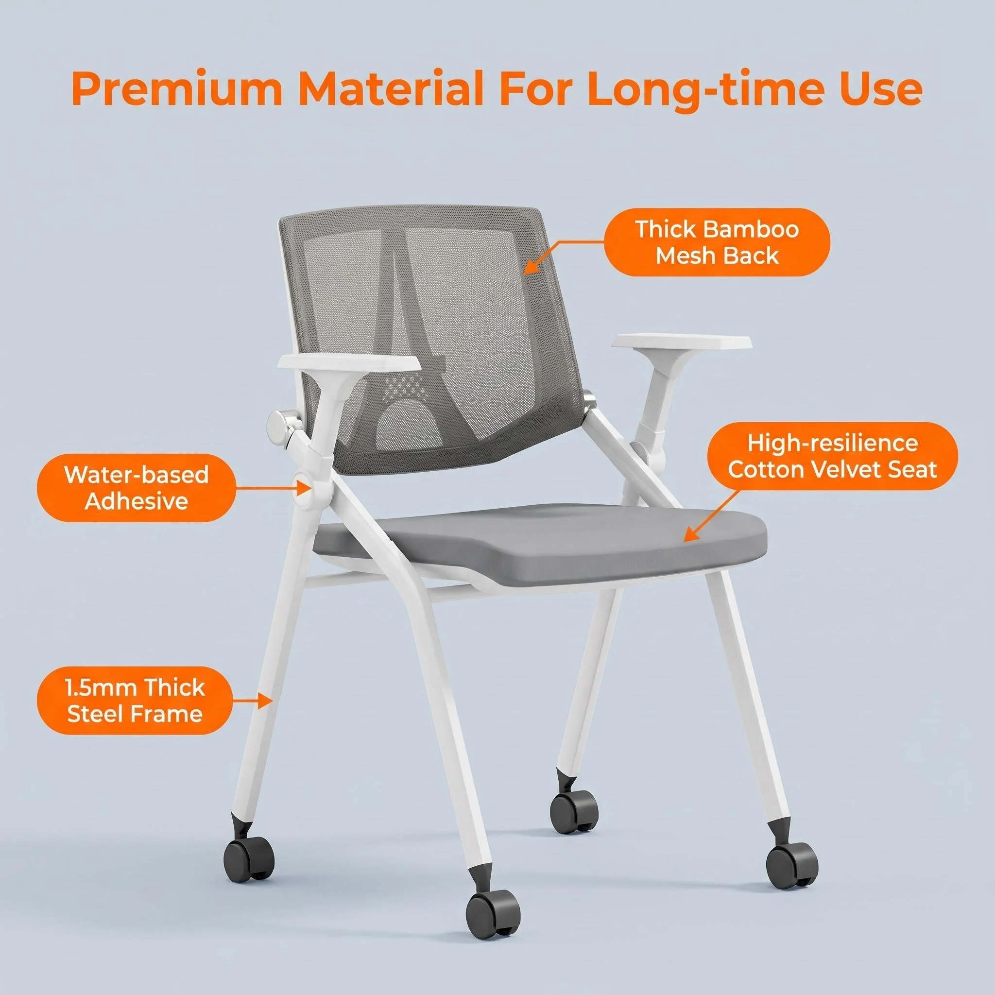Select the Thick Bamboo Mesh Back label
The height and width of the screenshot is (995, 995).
[x=717, y=242]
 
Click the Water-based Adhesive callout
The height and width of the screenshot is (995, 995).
[x=137, y=488]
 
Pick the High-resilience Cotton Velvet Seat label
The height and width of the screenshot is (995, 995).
[x=832, y=456]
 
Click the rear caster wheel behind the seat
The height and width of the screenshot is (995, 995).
[x=574, y=806]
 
